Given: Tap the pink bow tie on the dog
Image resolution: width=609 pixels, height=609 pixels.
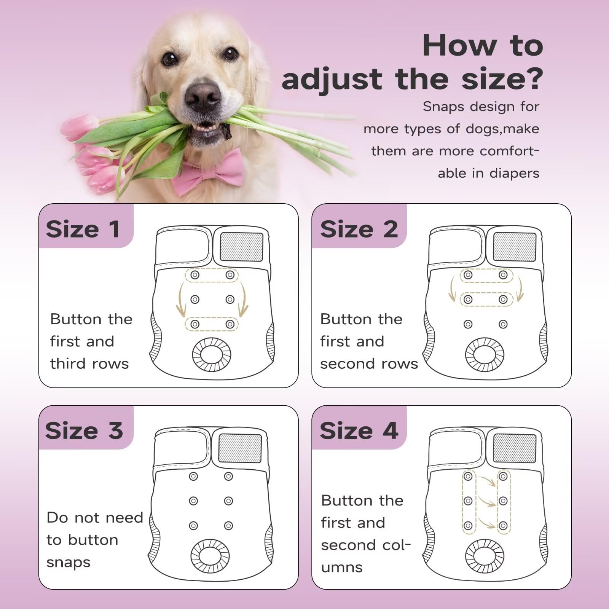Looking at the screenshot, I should tap(214, 171).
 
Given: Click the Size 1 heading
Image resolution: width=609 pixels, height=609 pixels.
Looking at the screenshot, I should tap(83, 229).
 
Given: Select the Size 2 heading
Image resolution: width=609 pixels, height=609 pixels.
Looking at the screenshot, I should tap(359, 229).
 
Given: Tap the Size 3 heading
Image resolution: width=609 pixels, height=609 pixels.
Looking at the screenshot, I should tap(84, 430).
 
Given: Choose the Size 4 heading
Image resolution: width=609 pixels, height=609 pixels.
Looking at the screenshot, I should tap(359, 430).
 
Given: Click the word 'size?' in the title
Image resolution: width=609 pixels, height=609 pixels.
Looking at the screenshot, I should tap(502, 79).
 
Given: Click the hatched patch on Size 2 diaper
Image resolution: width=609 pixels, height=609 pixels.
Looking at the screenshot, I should tap(514, 247).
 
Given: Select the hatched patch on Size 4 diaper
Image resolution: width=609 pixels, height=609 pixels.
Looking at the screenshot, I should tap(514, 448).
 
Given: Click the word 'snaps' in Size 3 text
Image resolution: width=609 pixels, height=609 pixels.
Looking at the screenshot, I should tap(68, 562).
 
